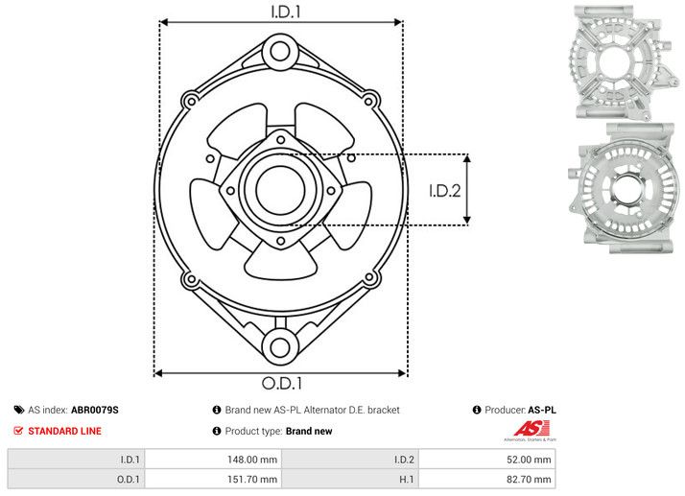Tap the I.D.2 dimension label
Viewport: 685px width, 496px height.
click(446, 190)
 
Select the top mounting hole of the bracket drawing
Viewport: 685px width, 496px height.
click(280, 50)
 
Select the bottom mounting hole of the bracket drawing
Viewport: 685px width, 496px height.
click(280, 346)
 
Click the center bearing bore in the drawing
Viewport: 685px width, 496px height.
click(279, 187)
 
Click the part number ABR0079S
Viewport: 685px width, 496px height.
click(95, 410)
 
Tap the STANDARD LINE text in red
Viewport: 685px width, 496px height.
click(64, 432)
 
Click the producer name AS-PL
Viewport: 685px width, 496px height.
click(542, 410)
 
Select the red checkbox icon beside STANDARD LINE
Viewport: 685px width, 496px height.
click(18, 432)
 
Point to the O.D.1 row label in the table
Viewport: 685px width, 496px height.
click(127, 478)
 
